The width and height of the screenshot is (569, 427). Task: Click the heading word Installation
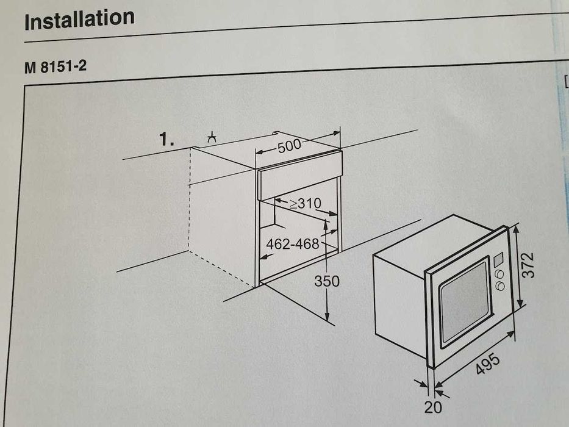click(x=79, y=20)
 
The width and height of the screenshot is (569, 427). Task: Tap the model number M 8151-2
click(x=55, y=66)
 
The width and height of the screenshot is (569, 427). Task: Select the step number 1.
click(x=166, y=140)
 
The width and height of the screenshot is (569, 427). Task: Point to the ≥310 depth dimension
click(x=305, y=204)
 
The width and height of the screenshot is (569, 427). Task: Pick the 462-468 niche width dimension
click(x=293, y=244)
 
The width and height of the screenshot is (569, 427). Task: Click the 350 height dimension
click(x=327, y=281)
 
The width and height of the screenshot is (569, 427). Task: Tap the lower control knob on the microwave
click(x=500, y=286)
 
